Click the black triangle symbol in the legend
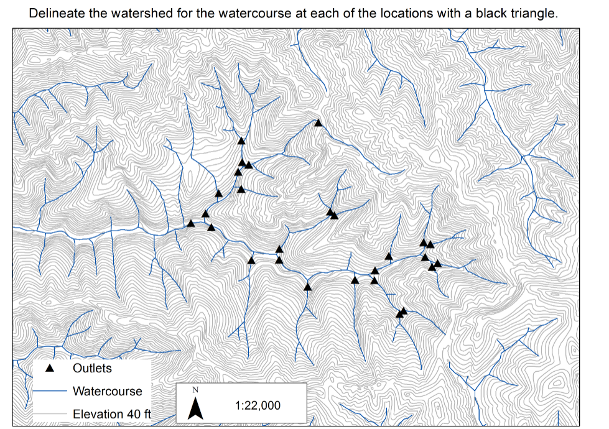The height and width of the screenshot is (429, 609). pos(51,368)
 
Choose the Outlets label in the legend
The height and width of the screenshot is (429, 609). pos(92,368)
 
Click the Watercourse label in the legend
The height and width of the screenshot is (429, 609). pos(107,391)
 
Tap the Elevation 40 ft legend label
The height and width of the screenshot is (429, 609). pos(111,414)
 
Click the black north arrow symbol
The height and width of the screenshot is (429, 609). pos(196,408)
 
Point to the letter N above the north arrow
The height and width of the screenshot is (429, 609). pos(196,390)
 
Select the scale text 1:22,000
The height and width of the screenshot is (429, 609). pos(258,405)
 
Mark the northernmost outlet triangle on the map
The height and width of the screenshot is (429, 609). pos(318,123)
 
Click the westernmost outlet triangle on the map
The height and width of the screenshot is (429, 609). pos(191,223)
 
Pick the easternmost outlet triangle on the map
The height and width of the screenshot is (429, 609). pos(437,264)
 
